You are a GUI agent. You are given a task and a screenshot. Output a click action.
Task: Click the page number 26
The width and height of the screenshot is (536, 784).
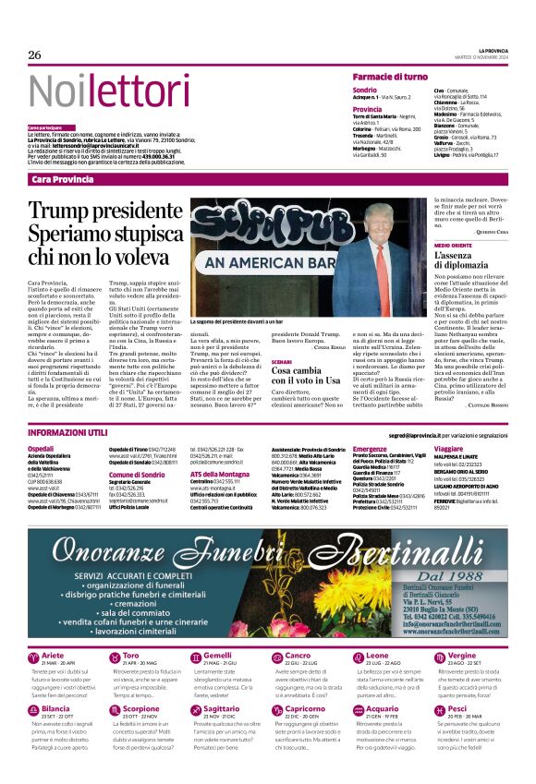point(34,54)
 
